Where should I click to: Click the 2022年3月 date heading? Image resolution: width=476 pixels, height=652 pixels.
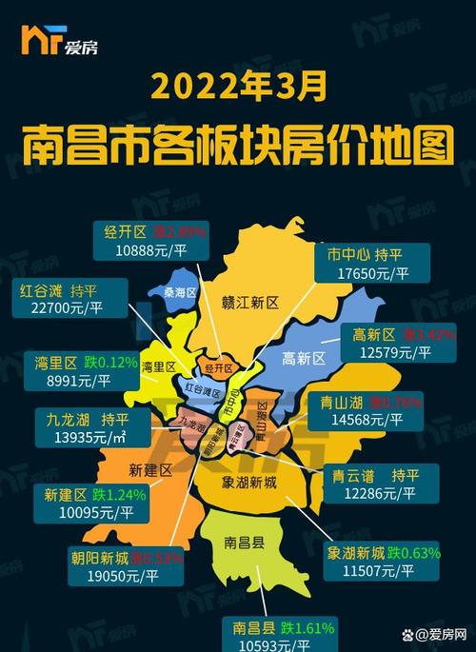click(237, 86)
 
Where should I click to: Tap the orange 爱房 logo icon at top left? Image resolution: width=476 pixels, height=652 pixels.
click(37, 41)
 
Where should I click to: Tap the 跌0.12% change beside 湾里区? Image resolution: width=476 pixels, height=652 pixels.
click(109, 363)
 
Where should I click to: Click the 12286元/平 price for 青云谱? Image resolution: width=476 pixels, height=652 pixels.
click(380, 495)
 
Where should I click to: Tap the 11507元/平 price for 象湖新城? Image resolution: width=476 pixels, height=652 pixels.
click(369, 571)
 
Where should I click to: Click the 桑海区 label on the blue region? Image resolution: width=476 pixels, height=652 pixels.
click(178, 293)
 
